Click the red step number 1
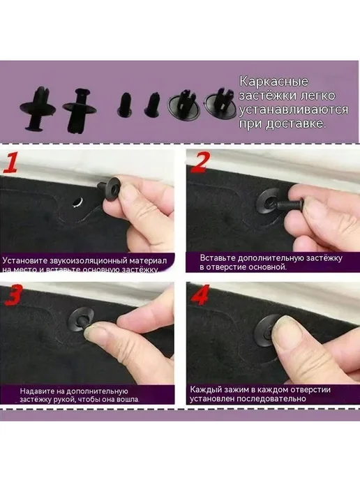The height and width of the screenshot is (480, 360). click(x=9, y=163)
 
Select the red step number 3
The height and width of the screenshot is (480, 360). click(x=13, y=295)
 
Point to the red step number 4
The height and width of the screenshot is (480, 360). click(x=200, y=295)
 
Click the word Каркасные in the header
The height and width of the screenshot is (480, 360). click(x=273, y=82)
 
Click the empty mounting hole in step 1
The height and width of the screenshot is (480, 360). click(x=77, y=202)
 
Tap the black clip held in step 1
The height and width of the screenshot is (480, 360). click(x=109, y=188)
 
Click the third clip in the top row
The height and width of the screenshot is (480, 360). click(x=125, y=105)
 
